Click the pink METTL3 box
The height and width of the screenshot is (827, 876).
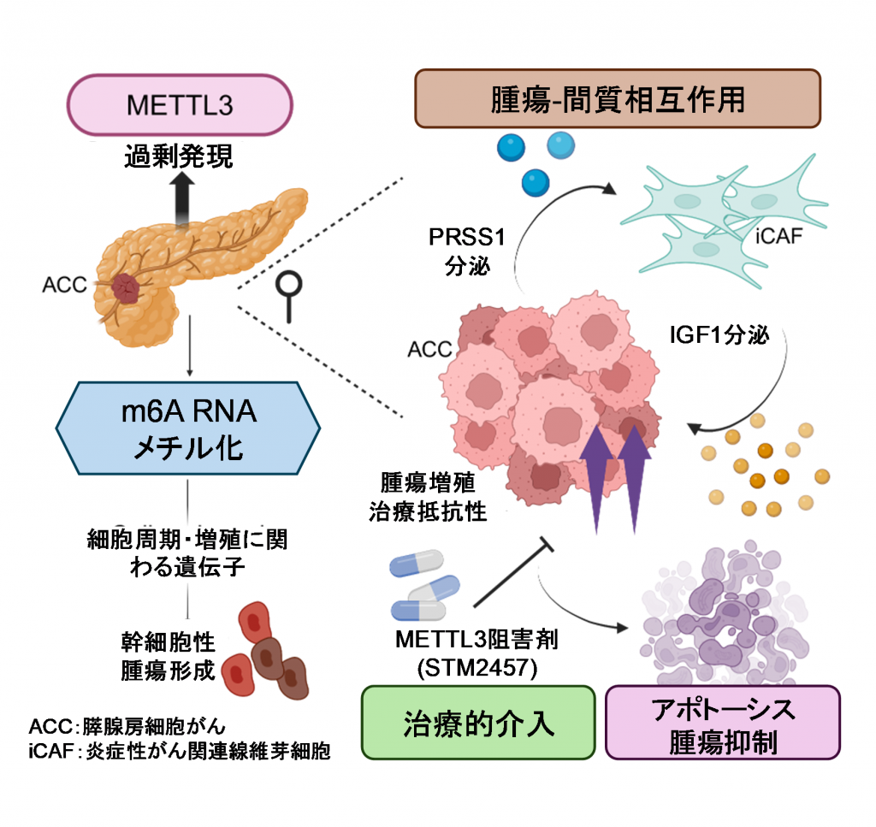point(180,105)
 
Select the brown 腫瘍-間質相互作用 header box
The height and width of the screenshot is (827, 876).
point(618,99)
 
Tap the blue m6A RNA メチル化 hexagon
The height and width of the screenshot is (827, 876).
point(188,428)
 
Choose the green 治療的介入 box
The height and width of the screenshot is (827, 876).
point(478,723)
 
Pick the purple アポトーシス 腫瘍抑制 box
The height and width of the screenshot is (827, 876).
point(723,723)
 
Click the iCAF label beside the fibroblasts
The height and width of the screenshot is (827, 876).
point(778,236)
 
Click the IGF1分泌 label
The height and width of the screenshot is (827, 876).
point(719,335)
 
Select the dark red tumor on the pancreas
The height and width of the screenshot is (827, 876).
point(127,288)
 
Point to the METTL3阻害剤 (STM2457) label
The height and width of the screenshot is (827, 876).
point(477,653)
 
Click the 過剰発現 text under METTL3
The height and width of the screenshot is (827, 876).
point(179,157)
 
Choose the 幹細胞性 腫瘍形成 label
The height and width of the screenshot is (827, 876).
point(169,656)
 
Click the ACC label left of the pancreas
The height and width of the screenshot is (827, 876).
point(65,285)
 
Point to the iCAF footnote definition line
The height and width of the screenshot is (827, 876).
point(180,751)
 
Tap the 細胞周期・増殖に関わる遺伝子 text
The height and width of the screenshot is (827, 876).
point(187,552)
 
